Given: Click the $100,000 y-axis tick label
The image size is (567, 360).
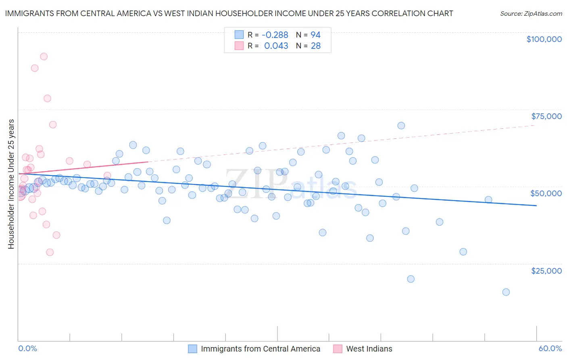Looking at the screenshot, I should tap(544, 39).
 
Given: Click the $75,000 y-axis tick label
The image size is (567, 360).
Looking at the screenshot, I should tap(546, 116).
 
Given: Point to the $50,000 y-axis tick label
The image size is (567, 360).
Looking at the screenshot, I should tap(546, 193).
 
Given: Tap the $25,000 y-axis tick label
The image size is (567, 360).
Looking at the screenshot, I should tap(546, 271).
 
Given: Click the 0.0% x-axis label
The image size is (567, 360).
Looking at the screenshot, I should tap(27, 348).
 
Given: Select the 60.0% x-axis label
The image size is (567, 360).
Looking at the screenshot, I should tap(550, 348).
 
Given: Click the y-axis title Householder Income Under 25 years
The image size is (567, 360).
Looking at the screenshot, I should tap(11, 184).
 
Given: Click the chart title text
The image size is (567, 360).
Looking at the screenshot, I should tap(229, 13).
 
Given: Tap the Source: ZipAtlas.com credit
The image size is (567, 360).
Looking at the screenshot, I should tap(531, 13).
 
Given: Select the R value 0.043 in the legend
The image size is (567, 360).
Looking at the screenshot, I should tap(276, 46).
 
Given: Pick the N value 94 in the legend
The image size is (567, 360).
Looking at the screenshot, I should tap(315, 35).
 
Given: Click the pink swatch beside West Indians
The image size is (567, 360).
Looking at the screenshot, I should tap(338, 349).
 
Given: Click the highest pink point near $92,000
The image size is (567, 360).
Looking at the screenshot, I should tap(44, 57).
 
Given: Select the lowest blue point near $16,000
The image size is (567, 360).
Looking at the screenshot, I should tap(506, 292).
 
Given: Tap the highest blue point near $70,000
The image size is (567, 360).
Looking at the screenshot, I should tap(401, 126).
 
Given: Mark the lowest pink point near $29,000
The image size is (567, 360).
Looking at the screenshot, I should tap(50, 252).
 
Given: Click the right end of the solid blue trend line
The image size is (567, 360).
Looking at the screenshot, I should tap(536, 206).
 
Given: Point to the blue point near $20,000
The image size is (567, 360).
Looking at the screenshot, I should tap(411, 279).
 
